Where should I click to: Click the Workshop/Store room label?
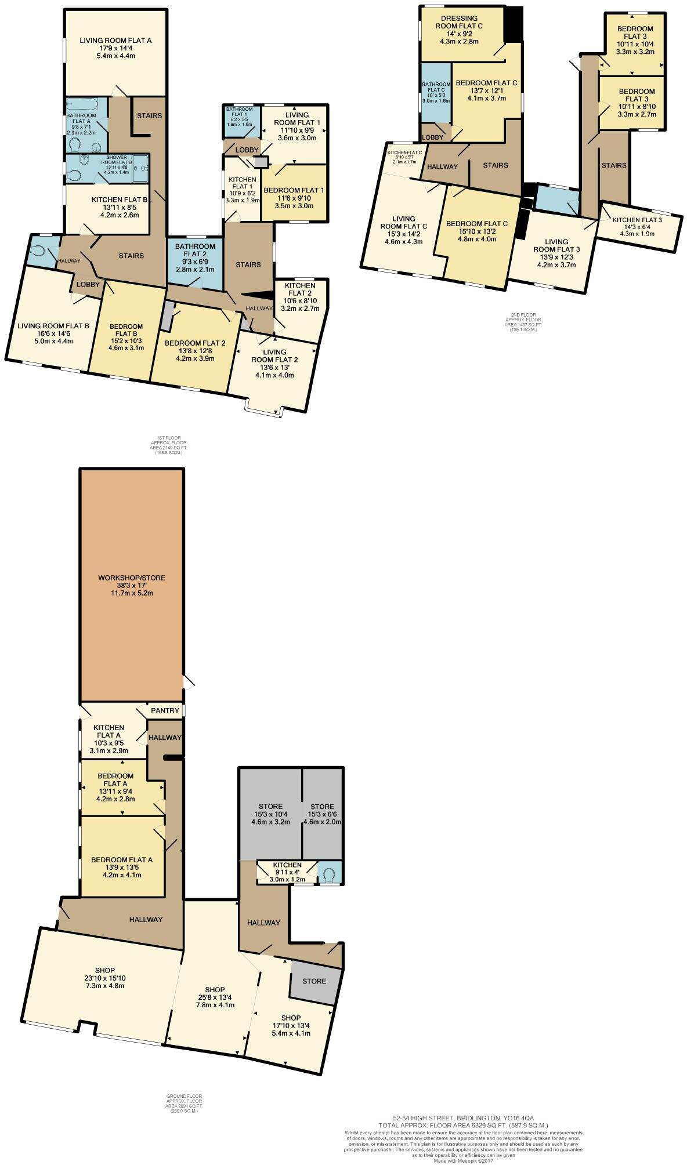point(131,578)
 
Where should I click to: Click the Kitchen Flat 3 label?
point(637,220)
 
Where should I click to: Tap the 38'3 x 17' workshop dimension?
point(131,586)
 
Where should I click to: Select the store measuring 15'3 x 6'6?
point(322,814)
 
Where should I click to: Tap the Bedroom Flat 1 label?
point(294,190)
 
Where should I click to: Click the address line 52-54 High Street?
point(463,1117)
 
